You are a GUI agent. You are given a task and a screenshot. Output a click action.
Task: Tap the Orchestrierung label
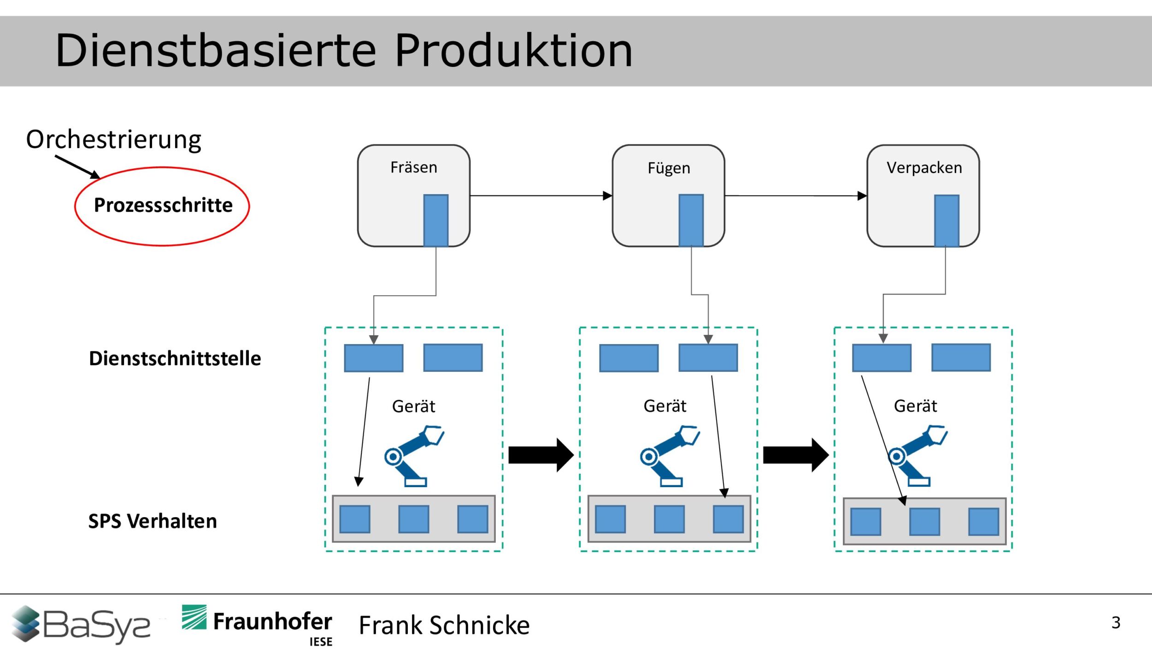tap(114, 139)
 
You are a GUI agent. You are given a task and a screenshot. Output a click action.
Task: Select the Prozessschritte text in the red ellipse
tap(163, 205)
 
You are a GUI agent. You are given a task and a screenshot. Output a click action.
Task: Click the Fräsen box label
tap(413, 167)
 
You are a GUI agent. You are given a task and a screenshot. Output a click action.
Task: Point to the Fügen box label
tap(669, 168)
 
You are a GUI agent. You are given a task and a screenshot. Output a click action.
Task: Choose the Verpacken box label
tap(924, 167)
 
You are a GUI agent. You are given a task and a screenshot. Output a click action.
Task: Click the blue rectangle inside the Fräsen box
tap(435, 220)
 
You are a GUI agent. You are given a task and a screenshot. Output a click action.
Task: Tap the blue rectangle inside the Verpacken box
tap(946, 220)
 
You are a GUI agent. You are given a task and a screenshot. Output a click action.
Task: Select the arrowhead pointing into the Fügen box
tap(607, 196)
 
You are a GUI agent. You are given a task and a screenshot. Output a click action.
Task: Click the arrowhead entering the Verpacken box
tap(862, 196)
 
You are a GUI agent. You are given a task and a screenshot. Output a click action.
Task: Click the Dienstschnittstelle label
tap(175, 358)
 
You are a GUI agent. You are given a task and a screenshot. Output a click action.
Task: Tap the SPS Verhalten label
tap(153, 521)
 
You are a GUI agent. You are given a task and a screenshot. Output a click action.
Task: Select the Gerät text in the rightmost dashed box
tap(915, 406)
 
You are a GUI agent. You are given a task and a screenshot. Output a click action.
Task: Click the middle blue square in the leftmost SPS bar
tap(413, 519)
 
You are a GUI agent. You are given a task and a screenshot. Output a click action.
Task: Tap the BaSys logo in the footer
tap(81, 625)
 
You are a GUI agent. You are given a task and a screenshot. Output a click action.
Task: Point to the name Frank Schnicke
tap(444, 625)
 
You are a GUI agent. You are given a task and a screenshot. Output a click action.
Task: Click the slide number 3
tap(1116, 623)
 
